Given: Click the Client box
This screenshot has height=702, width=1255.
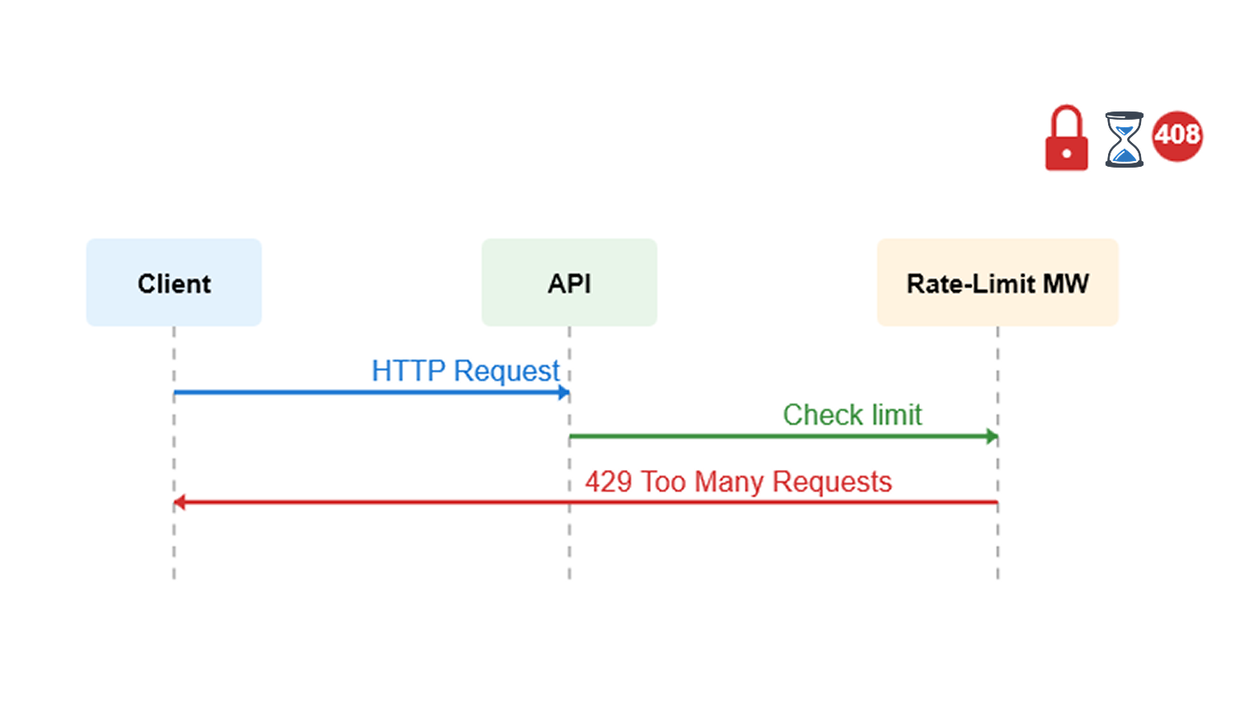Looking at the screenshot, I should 173,282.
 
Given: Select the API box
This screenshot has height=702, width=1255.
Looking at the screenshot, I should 569,282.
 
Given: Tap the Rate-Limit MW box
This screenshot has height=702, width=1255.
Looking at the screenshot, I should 997,282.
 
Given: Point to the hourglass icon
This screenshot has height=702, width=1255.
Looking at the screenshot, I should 1124,140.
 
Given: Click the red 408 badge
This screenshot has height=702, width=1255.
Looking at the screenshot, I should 1177,135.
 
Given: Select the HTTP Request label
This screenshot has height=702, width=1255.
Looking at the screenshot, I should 465,371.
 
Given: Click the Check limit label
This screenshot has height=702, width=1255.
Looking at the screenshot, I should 852,415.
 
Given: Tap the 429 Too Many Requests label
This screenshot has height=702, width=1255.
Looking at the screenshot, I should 738,481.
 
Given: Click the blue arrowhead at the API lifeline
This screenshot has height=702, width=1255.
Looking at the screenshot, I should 565,392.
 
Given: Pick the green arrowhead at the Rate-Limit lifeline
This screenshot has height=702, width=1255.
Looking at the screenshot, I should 992,436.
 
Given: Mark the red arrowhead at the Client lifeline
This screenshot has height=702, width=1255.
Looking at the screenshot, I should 179,502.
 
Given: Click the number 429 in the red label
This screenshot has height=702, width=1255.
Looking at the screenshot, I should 609,481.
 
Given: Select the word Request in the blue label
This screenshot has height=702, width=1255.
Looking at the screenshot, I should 506,372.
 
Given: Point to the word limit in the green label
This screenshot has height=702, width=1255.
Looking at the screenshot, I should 897,415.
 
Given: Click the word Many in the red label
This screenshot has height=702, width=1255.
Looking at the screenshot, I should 729,482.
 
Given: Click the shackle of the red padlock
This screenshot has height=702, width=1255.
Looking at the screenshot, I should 1066,119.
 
